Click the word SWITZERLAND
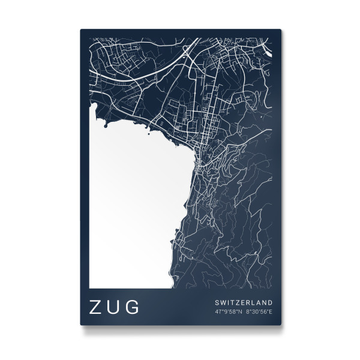pos(243,302)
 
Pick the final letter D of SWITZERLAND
pos(271,302)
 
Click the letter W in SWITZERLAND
pos(221,302)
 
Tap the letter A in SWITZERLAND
pos(258,302)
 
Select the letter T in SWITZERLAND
pos(231,302)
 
